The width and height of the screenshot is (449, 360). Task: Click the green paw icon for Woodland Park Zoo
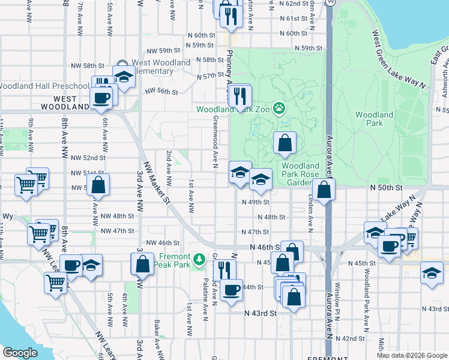coord(279,109)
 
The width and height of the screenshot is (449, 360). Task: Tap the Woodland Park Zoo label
coord(234,109)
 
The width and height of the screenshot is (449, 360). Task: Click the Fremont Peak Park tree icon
coord(199,259)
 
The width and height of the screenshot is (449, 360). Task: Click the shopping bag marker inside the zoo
coord(285,143)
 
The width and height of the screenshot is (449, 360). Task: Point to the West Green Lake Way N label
coord(399,60)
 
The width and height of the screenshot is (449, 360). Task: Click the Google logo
coord(20,353)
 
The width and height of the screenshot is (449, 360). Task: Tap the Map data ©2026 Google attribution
coord(411,355)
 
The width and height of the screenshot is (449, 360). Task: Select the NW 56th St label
coord(161,92)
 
